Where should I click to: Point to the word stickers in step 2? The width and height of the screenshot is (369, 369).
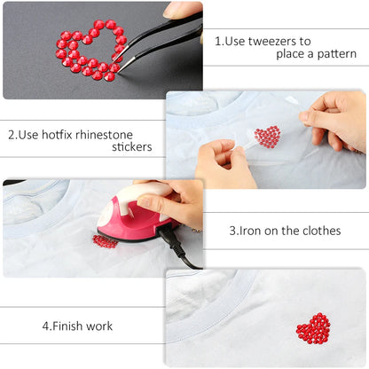132,148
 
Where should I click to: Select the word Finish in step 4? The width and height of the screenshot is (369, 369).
68,326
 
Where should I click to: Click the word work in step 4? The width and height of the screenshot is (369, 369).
99,326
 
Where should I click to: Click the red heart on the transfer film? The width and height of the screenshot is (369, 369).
266,137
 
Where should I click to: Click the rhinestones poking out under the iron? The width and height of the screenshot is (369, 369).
105,241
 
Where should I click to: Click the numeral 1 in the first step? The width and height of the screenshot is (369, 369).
218,41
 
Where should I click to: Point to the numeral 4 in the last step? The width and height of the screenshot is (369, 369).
45,326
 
